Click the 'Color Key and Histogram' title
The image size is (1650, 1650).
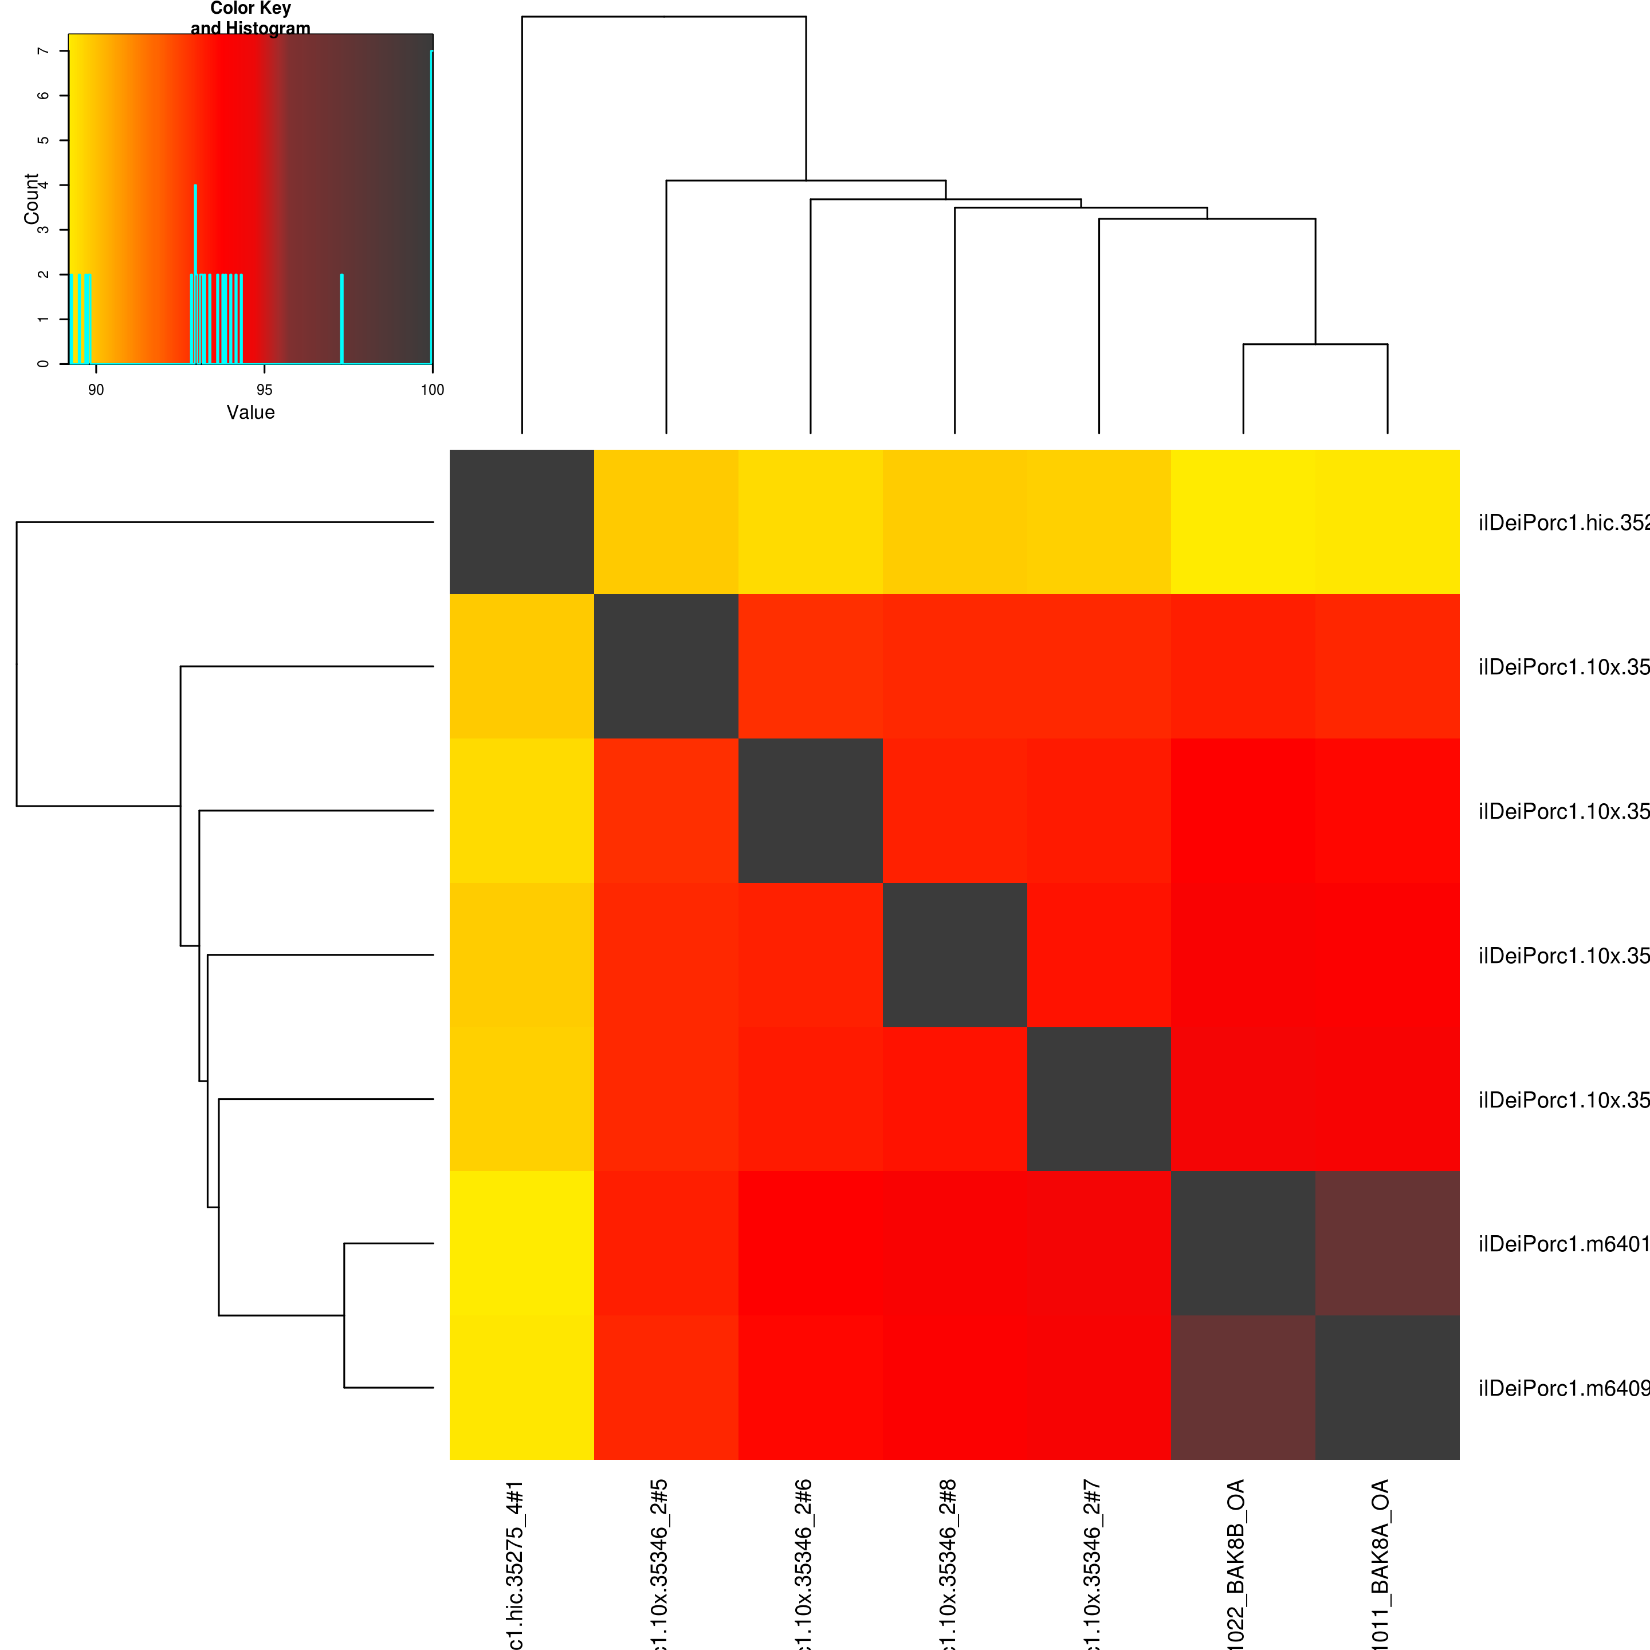250,18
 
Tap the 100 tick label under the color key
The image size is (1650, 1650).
432,390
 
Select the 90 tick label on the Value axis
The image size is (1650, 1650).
96,390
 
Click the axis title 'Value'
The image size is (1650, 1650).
250,412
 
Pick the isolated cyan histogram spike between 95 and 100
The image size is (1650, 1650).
341,318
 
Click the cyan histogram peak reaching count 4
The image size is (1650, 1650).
195,186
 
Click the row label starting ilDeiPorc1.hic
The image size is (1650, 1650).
1563,522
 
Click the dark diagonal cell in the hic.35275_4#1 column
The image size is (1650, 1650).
522,522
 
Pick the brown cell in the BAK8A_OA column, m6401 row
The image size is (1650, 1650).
1387,1243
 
